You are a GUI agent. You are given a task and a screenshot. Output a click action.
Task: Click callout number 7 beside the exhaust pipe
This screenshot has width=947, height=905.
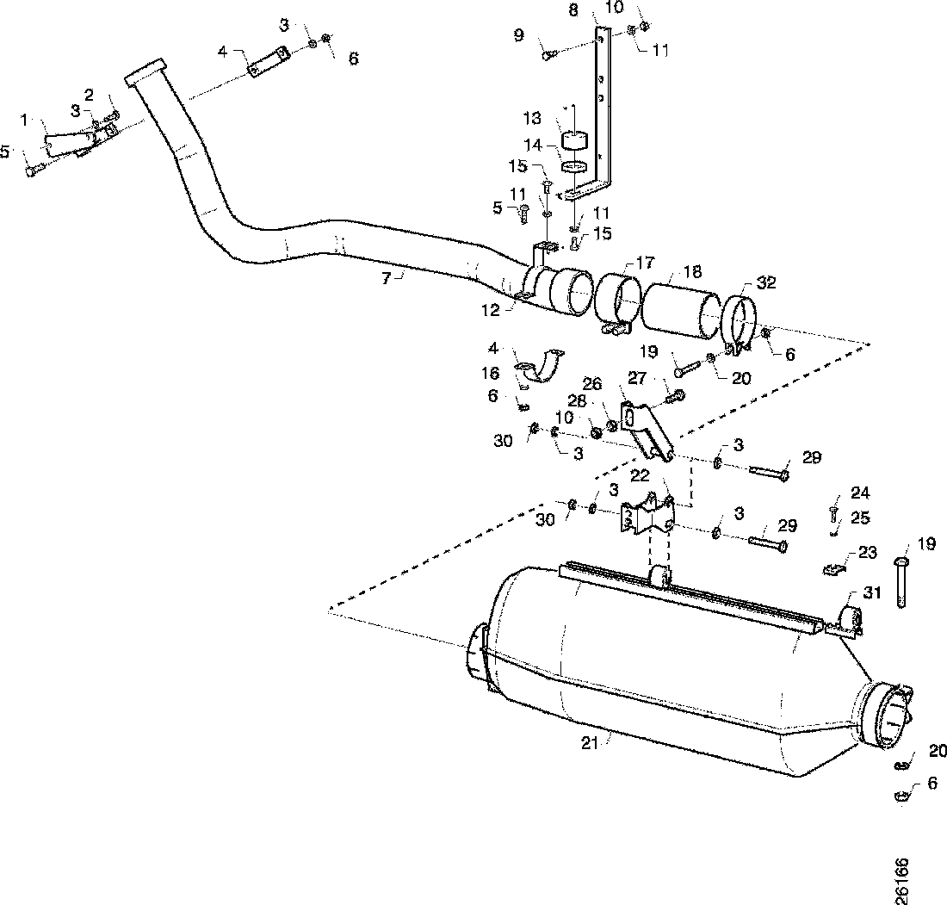(x=387, y=277)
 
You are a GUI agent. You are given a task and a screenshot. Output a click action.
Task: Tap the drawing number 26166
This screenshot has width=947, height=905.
(x=902, y=879)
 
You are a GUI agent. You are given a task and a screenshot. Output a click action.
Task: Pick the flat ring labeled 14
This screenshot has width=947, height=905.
(x=573, y=164)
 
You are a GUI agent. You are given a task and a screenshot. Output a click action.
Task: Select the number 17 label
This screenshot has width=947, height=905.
(x=645, y=262)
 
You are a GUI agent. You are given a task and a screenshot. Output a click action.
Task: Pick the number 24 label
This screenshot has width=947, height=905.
(x=860, y=493)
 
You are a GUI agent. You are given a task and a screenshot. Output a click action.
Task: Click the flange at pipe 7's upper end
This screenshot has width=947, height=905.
(x=145, y=71)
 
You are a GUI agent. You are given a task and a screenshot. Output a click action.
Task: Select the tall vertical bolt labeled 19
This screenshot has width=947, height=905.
(x=901, y=582)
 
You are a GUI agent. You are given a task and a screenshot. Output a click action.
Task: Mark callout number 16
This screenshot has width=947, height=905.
(x=491, y=373)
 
